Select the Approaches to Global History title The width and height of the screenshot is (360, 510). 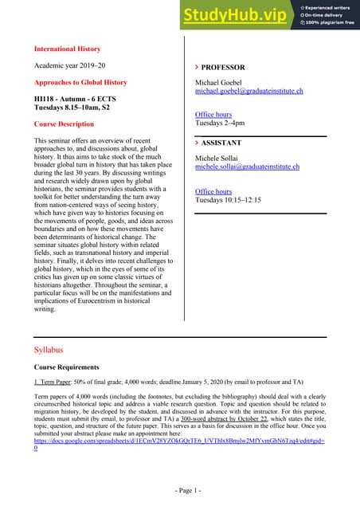coord(80,82)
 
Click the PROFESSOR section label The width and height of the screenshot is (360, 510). coord(222,68)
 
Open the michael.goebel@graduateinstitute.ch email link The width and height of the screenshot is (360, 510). coord(249,92)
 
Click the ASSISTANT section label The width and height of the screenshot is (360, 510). coord(222,144)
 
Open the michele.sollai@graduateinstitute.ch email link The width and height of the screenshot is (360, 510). coord(247,167)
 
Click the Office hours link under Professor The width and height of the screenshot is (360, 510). coord(213,115)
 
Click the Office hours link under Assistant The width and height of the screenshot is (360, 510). coord(213,191)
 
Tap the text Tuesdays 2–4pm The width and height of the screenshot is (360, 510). coord(220,124)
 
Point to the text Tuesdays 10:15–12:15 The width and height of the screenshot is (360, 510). coord(228,200)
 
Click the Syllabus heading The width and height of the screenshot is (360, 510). coord(49,349)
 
